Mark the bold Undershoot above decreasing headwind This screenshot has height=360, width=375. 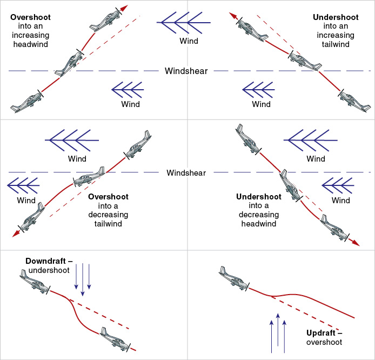259,197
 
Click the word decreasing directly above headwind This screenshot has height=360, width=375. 259,215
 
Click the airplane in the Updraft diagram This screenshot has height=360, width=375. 234,279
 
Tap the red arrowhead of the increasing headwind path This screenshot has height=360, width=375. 124,8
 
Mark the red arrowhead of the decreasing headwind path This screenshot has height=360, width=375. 355,243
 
